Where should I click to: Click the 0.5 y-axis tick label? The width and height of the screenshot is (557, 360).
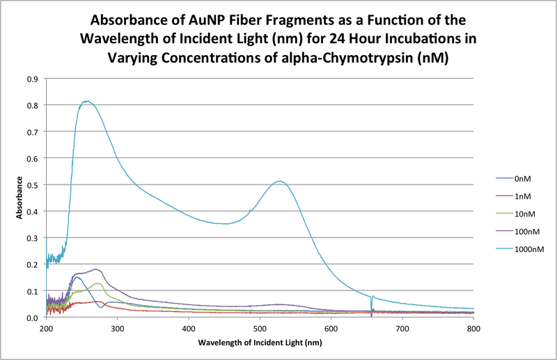(32, 185)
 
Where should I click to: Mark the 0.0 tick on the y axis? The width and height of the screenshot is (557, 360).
(32, 318)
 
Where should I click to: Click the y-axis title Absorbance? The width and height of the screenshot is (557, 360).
(19, 198)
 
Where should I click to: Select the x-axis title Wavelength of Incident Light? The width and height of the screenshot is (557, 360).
(260, 343)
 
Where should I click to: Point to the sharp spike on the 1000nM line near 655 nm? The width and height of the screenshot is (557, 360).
(372, 297)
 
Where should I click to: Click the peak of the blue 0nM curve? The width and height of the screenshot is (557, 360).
(77, 277)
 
